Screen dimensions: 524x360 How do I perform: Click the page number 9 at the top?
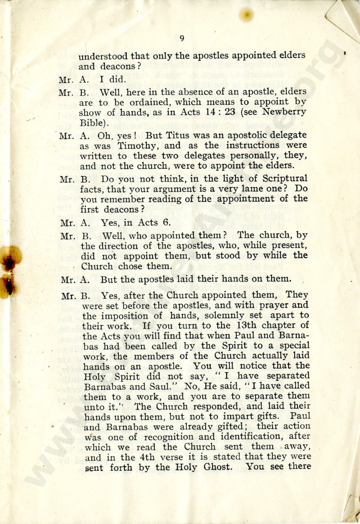pos(181,39)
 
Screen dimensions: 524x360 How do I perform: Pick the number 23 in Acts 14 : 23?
pos(230,111)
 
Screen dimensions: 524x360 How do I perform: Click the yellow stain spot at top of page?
pos(246,15)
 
